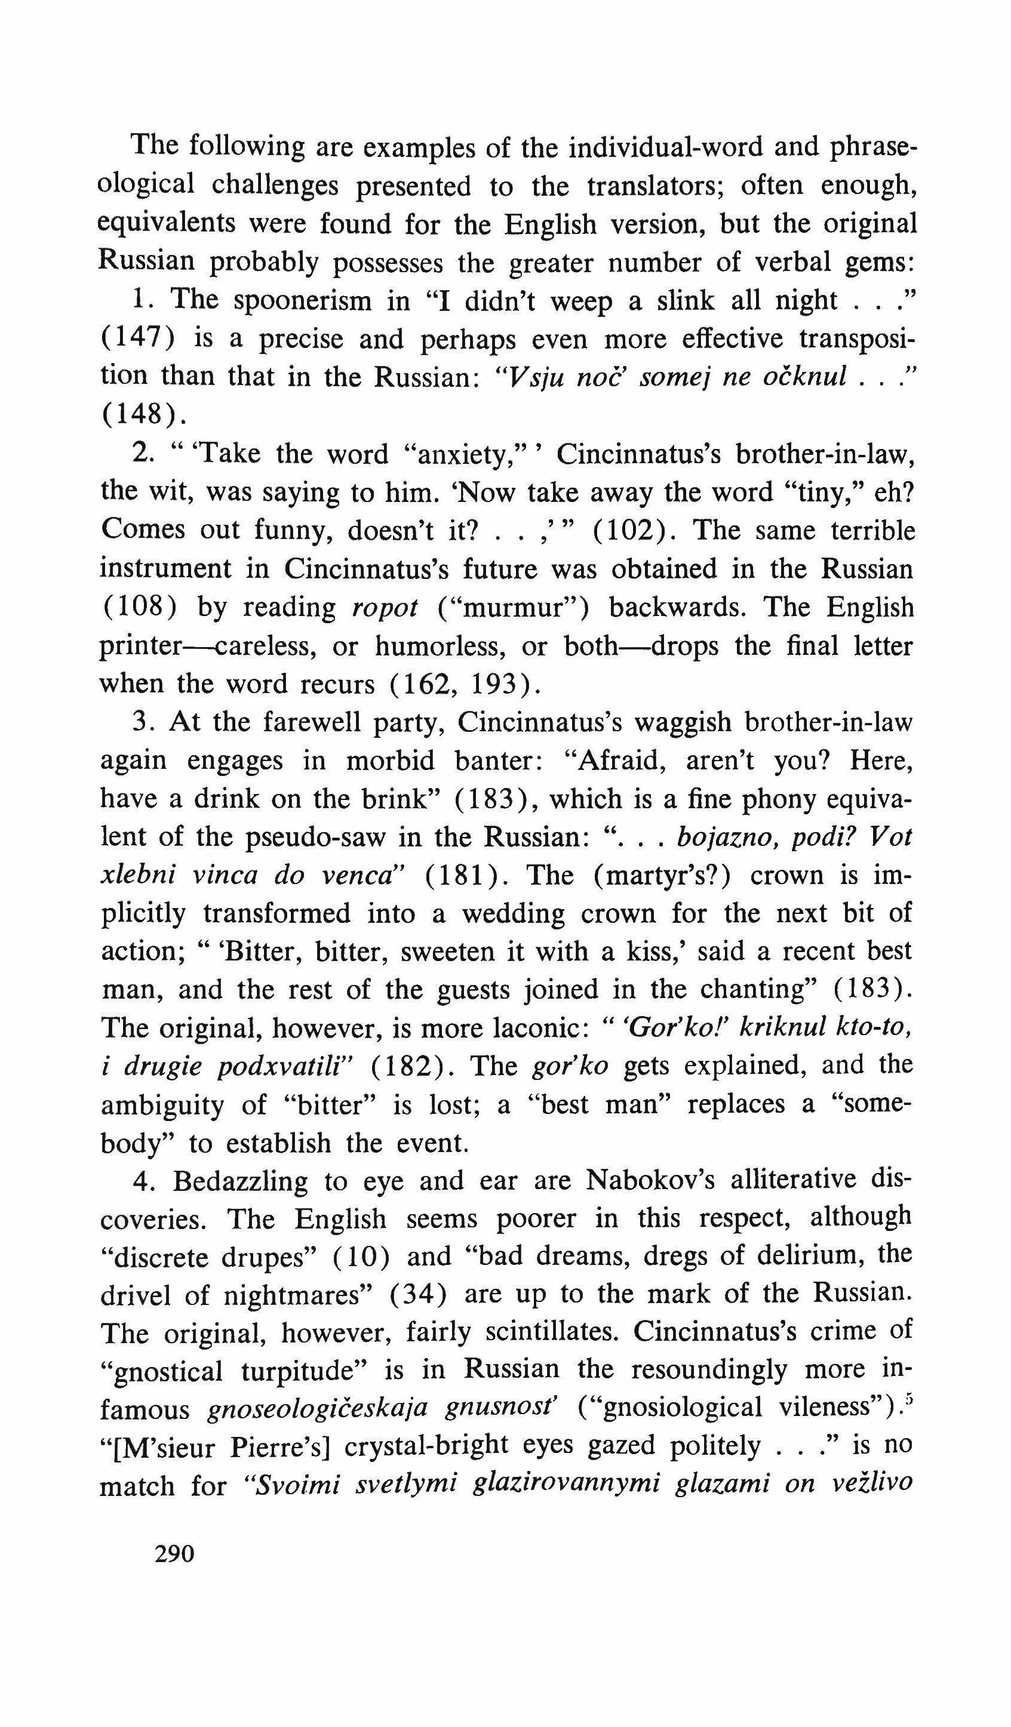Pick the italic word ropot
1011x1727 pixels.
[385, 608]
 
